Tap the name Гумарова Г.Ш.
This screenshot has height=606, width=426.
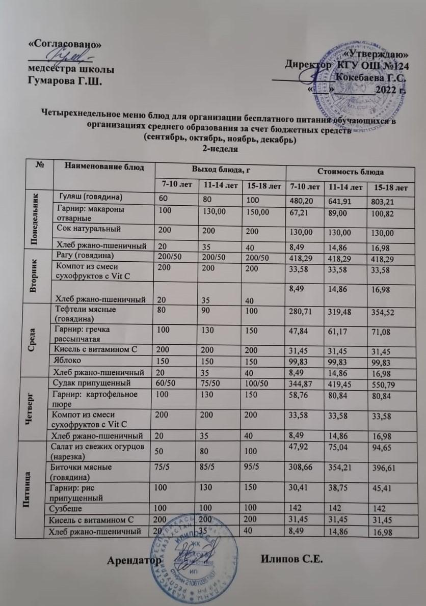click(64, 79)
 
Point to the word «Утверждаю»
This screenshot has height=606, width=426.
click(377, 53)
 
